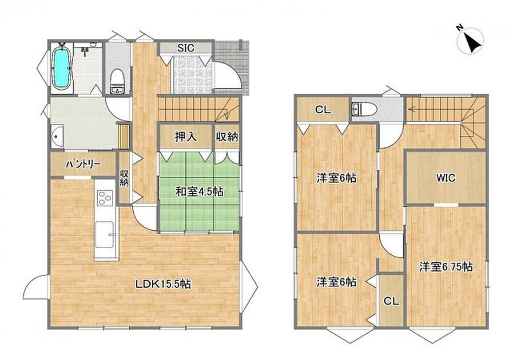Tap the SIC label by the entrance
pyautogui.click(x=186, y=48)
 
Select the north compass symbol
pyautogui.click(x=470, y=41)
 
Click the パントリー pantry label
pyautogui.click(x=83, y=165)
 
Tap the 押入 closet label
pyautogui.click(x=186, y=137)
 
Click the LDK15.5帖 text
pyautogui.click(x=163, y=284)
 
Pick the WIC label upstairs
pyautogui.click(x=446, y=178)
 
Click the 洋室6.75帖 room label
pyautogui.click(x=446, y=267)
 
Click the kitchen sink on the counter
pyautogui.click(x=105, y=234)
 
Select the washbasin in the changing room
pyautogui.click(x=58, y=137)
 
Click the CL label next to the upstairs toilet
pyautogui.click(x=323, y=110)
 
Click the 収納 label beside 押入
pyautogui.click(x=226, y=137)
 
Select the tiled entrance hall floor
pyautogui.click(x=192, y=75)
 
